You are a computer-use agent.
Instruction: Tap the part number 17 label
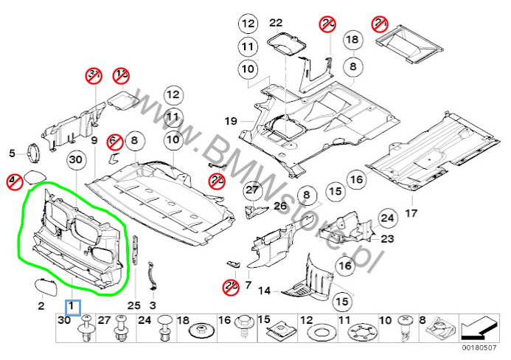click(x=411, y=214)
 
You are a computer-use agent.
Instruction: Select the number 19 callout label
click(x=229, y=120)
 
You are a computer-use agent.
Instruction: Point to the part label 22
click(x=276, y=23)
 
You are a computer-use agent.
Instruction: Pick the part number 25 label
click(x=133, y=305)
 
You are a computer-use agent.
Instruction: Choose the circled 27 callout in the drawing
click(x=253, y=190)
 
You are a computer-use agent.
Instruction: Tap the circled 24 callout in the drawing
click(x=386, y=217)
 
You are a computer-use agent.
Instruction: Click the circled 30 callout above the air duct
click(x=74, y=160)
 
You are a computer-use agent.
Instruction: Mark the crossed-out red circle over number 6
click(x=114, y=139)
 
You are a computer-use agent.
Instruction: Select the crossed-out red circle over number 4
click(x=13, y=180)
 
